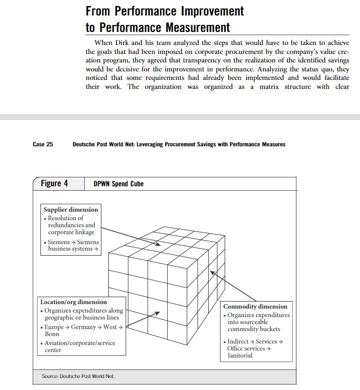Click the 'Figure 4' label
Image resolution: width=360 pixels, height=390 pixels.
pos(54,183)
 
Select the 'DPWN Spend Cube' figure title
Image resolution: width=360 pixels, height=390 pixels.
pos(118,184)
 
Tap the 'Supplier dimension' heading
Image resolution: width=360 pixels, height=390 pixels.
pos(71,210)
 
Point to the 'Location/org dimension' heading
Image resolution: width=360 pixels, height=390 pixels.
pos(73,302)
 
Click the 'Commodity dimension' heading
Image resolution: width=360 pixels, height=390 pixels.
pos(255,306)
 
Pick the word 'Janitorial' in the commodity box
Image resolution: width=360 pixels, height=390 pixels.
pos(240,356)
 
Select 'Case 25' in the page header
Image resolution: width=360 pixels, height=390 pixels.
pos(42,144)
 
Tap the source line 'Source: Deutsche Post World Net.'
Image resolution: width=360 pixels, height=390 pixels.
pos(78,376)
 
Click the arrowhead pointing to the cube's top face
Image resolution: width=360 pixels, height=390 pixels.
pos(158,244)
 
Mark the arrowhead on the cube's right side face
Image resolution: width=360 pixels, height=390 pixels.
pos(212,273)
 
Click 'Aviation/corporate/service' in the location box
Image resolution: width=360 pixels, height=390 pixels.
pos(80,343)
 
